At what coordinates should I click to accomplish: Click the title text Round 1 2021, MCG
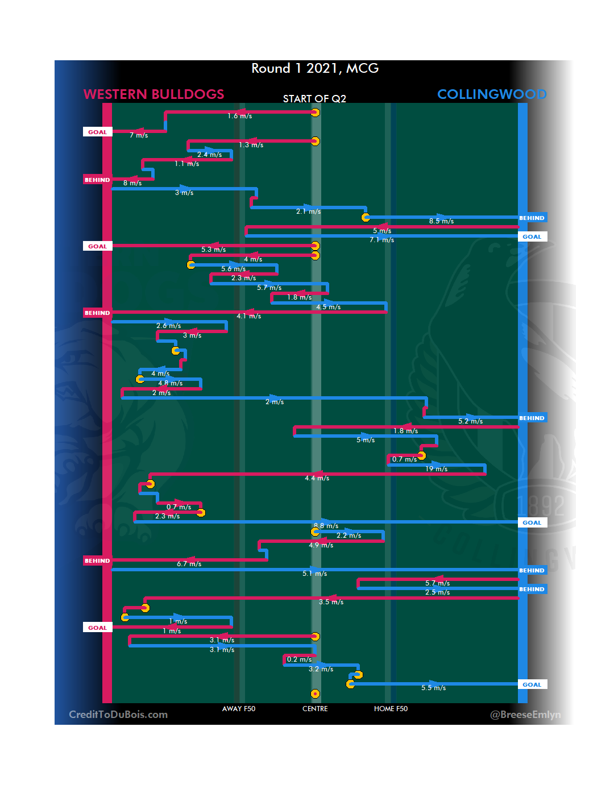[315, 68]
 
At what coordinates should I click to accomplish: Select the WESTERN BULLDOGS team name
[153, 94]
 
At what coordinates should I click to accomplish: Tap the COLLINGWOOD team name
[492, 94]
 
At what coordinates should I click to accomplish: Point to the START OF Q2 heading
[314, 99]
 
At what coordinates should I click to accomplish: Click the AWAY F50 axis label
[239, 709]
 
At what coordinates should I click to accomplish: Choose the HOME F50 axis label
[391, 709]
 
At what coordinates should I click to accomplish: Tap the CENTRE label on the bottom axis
[315, 709]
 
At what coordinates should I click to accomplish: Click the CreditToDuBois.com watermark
[118, 715]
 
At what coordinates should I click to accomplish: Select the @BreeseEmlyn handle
[525, 715]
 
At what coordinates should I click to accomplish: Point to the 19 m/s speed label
[436, 469]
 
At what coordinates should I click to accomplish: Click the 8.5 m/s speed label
[441, 221]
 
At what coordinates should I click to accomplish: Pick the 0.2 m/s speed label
[299, 659]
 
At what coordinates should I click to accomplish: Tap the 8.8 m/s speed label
[326, 526]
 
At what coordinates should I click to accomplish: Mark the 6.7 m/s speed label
[189, 564]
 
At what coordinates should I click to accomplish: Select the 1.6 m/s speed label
[239, 116]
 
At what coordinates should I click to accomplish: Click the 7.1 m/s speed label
[381, 240]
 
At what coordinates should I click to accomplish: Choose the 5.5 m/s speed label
[433, 688]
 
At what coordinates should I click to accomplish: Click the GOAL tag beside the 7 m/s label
[97, 132]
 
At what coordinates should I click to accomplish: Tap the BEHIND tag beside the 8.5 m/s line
[532, 218]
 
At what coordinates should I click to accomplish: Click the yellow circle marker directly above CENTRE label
[315, 694]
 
